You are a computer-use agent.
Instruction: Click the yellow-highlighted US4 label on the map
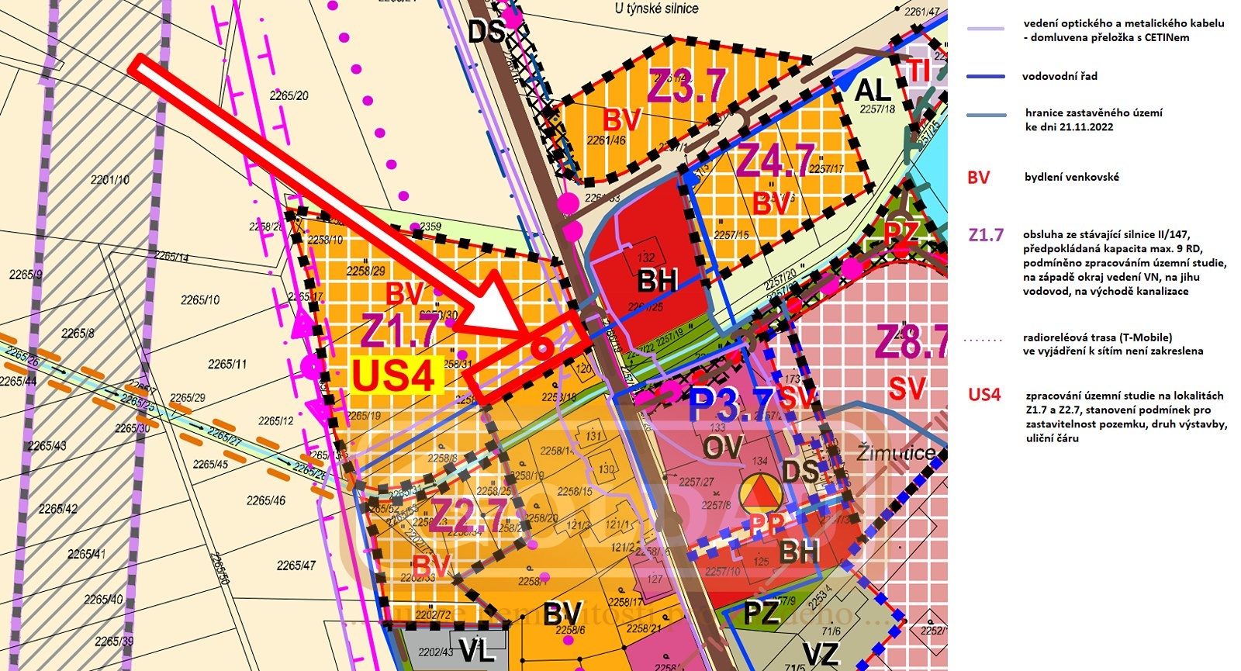tap(393, 375)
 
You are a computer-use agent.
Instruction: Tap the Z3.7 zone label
tap(687, 85)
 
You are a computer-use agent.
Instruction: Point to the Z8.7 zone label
tap(912, 342)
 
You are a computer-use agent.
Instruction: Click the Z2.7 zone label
tap(470, 514)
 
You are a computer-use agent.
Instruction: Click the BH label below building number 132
tap(658, 281)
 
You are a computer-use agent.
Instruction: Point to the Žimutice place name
tap(895, 453)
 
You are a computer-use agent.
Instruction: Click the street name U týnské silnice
tap(656, 9)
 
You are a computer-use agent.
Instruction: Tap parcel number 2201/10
tap(110, 180)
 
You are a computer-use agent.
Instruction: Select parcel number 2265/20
tap(289, 95)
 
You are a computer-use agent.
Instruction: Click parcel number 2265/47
tap(296, 566)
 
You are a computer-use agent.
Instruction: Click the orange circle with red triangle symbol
tap(761, 492)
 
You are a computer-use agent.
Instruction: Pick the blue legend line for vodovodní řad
tap(987, 77)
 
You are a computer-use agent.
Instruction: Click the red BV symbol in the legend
tap(978, 178)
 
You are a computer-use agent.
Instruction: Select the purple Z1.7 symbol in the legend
tap(986, 235)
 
